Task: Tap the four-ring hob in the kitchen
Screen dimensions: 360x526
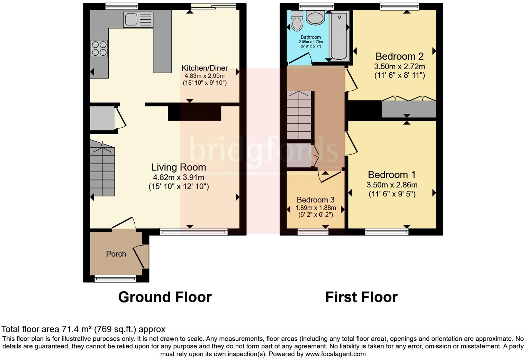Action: pyautogui.click(x=99, y=48)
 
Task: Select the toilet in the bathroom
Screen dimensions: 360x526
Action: pyautogui.click(x=297, y=21)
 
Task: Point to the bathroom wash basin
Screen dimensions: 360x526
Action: pyautogui.click(x=315, y=17)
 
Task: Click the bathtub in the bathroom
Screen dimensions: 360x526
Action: pyautogui.click(x=339, y=36)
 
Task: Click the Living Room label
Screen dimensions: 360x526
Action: pyautogui.click(x=179, y=167)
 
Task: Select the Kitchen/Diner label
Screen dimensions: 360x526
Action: pyautogui.click(x=205, y=68)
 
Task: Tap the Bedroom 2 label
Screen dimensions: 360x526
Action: pyautogui.click(x=399, y=56)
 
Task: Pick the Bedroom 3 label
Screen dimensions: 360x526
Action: pyautogui.click(x=316, y=200)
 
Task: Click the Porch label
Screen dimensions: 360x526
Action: pyautogui.click(x=116, y=254)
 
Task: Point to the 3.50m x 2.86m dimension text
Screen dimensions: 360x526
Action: pyautogui.click(x=392, y=185)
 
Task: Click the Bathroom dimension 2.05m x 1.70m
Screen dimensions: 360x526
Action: pyautogui.click(x=311, y=42)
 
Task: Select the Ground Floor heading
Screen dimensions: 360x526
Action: pyautogui.click(x=165, y=297)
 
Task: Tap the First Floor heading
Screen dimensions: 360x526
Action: pyautogui.click(x=361, y=297)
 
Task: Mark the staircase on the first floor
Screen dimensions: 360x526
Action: pyautogui.click(x=299, y=116)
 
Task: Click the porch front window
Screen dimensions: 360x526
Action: pyautogui.click(x=116, y=278)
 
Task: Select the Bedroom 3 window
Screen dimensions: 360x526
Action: pyautogui.click(x=313, y=232)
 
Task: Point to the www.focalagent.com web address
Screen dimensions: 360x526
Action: pyautogui.click(x=335, y=354)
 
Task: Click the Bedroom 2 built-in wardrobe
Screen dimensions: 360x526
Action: pyautogui.click(x=408, y=109)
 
